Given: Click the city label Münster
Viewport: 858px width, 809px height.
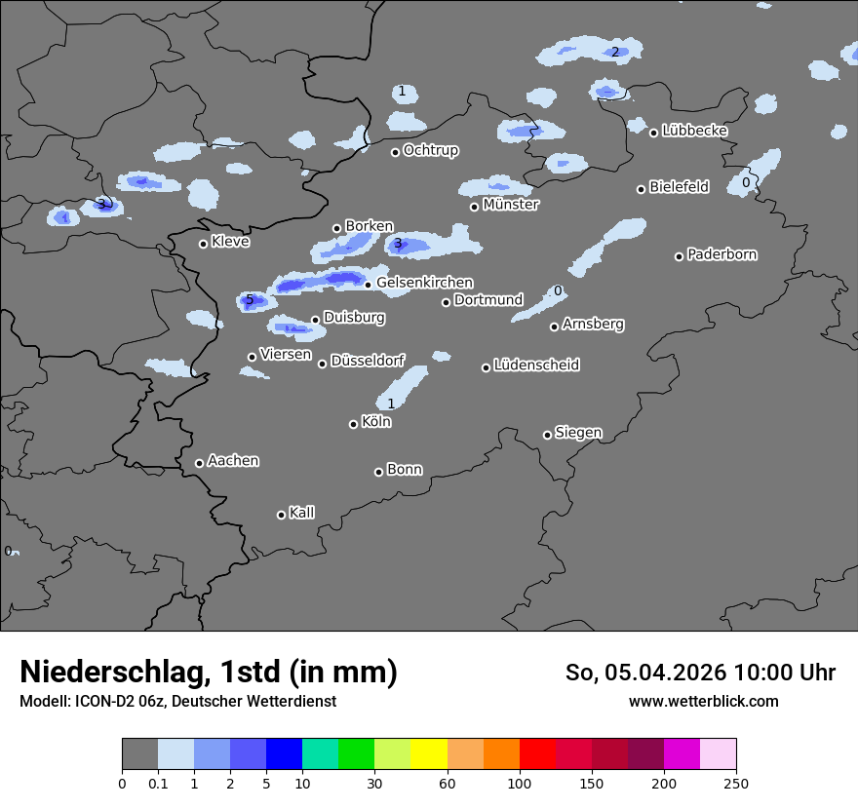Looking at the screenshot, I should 511,205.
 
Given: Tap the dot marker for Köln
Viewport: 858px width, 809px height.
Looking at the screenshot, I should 353,424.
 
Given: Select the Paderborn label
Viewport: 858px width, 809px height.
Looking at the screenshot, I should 722,254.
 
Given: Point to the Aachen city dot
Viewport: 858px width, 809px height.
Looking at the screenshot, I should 199,463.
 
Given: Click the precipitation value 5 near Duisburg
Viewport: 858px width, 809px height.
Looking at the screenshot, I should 250,299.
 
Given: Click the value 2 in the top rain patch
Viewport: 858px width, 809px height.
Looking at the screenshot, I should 614,52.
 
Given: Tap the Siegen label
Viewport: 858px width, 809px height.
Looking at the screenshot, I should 578,432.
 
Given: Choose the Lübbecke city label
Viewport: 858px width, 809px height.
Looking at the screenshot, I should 694,131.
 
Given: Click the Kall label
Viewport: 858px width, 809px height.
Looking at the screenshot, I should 302,513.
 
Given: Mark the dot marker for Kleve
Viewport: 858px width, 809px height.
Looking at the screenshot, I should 203,244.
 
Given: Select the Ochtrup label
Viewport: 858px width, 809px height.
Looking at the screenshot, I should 431,150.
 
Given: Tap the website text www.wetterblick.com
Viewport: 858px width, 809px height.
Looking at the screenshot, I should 703,701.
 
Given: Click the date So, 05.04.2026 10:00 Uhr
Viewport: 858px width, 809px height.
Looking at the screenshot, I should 700,673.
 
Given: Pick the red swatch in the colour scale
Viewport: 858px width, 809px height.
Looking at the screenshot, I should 537,754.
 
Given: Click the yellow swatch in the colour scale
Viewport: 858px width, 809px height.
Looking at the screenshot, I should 429,754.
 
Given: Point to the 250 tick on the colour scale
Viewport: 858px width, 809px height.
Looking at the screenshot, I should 736,783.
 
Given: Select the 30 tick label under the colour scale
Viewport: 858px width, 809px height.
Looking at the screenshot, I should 375,783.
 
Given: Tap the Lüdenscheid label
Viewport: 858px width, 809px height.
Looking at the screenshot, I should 536,365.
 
